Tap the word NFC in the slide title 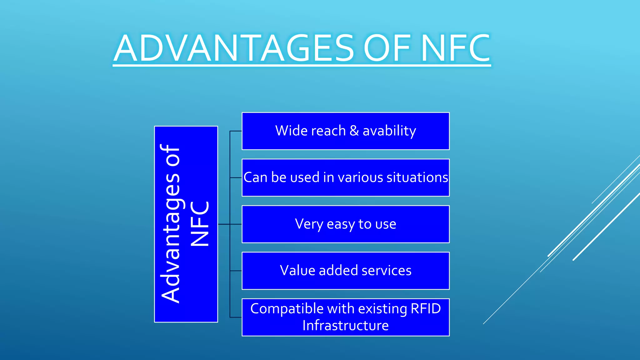[x=455, y=48]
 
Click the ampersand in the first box [x=354, y=131]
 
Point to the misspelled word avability [x=389, y=131]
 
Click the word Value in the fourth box [x=297, y=271]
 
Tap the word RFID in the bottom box [x=425, y=309]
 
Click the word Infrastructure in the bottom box [x=345, y=326]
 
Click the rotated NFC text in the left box [x=200, y=224]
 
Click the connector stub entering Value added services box [x=236, y=271]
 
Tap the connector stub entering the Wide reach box [x=236, y=131]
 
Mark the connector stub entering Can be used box [x=236, y=177]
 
